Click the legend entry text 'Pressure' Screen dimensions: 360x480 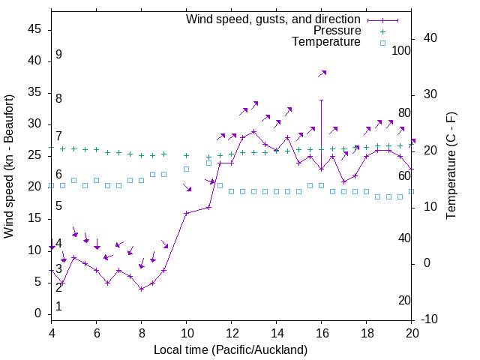pos(337,31)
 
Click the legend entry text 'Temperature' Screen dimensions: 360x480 pos(326,42)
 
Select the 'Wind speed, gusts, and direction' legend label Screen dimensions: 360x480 pos(274,19)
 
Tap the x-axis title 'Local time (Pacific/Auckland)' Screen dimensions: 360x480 pos(230,349)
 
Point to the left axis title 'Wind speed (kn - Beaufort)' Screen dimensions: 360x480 pos(9,166)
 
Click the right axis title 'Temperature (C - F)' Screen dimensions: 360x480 pos(451,166)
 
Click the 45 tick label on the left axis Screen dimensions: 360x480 pos(34,29)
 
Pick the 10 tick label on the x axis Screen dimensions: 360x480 pos(187,332)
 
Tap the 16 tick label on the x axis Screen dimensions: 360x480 pos(322,332)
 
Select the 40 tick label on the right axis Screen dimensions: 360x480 pos(430,38)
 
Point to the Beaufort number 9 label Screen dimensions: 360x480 pos(58,55)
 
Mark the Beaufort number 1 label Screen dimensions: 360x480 pos(58,307)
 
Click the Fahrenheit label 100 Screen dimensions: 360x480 pos(402,50)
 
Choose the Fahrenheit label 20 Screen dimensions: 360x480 pos(404,301)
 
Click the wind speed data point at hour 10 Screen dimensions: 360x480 pos(187,213)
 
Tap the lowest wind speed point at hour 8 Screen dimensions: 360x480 pos(141,289)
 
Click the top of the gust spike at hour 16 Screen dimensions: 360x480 pos(322,100)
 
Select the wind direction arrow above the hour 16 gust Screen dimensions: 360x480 pos(322,73)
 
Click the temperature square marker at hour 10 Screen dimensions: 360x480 pos(187,169)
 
